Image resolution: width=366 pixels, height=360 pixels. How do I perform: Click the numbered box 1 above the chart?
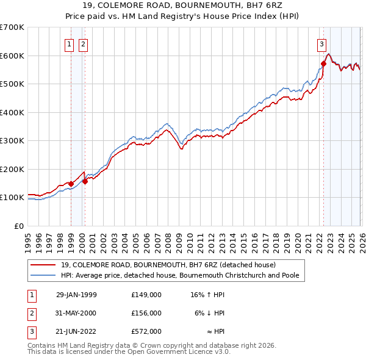tap(69, 44)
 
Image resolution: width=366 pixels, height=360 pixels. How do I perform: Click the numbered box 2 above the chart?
tap(83, 44)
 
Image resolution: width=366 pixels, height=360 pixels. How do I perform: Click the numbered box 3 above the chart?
tap(321, 44)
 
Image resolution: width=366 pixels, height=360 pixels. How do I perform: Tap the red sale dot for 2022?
tap(323, 63)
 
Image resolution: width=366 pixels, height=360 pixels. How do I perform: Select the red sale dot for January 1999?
tap(71, 184)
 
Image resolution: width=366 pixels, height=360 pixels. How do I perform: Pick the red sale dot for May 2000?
tap(85, 181)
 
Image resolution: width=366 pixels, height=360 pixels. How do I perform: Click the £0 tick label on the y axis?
tap(18, 226)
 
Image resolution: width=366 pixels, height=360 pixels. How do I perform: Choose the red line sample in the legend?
tap(43, 265)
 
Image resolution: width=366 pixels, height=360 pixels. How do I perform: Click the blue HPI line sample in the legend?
tap(43, 275)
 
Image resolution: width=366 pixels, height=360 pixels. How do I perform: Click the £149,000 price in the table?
tap(146, 295)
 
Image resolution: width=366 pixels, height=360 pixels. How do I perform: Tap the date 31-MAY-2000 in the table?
tap(76, 313)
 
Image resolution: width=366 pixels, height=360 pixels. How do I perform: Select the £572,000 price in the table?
tap(146, 331)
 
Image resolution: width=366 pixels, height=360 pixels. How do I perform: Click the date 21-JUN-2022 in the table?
tap(76, 331)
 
